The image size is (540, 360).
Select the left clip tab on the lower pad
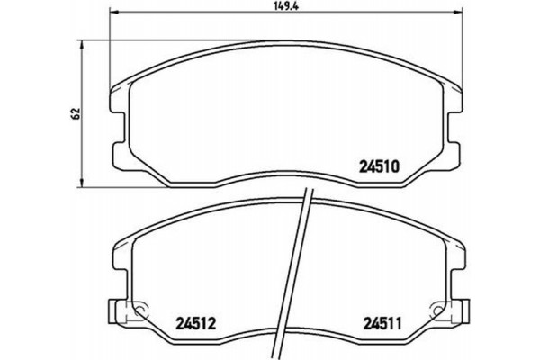point(115,311)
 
